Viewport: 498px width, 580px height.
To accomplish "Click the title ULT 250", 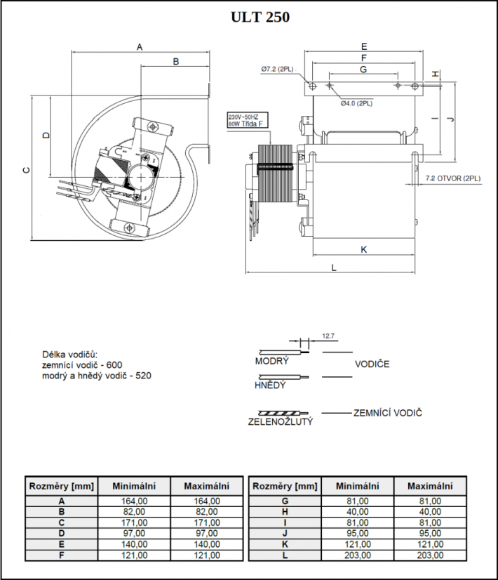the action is tap(260, 17).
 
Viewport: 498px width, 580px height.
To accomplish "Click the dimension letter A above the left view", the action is tap(140, 47).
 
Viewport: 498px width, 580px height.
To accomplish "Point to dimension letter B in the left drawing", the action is tap(176, 61).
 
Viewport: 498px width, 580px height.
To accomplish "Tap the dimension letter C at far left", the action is tap(26, 170).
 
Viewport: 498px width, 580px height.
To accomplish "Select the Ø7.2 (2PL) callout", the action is tap(277, 70).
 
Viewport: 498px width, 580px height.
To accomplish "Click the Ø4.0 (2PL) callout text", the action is tap(356, 103).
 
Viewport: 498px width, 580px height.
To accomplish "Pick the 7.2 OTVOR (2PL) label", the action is tap(453, 178).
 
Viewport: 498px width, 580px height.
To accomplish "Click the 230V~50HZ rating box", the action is tap(248, 120).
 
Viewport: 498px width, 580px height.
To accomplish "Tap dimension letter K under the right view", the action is tap(364, 250).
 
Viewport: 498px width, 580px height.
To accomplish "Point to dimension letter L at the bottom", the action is tap(334, 268).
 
